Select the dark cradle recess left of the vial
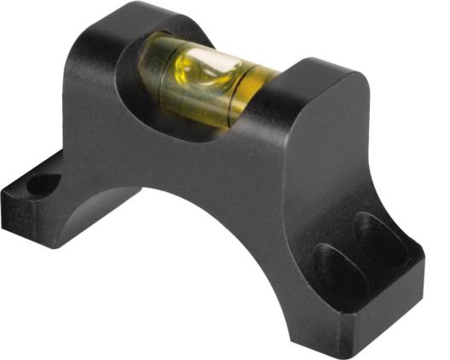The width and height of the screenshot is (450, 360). (136, 60)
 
